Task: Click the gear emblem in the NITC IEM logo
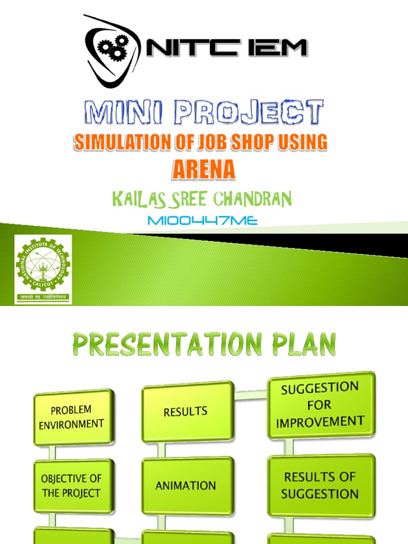(113, 48)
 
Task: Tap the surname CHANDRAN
(252, 199)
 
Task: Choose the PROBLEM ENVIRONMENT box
(73, 417)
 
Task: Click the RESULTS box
(187, 412)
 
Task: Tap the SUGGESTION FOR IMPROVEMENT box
(321, 405)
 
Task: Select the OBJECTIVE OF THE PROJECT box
(73, 486)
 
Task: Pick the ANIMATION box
(187, 486)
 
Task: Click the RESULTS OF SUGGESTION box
(321, 486)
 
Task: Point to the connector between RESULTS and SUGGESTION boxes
(250, 395)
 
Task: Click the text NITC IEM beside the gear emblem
(226, 49)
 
